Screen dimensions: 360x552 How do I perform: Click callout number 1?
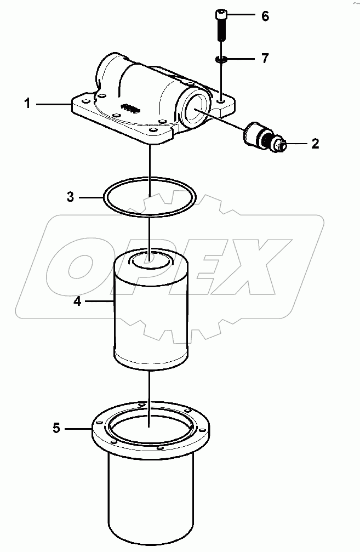(27, 104)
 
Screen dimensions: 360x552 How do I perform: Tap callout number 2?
(315, 144)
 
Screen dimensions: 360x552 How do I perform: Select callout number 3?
(70, 197)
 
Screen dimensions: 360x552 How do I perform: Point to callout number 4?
(77, 301)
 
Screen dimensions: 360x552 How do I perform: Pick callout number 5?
(56, 428)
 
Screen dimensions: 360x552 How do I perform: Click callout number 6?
(265, 16)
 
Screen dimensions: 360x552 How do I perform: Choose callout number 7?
(265, 58)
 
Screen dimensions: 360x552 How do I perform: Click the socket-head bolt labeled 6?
(221, 25)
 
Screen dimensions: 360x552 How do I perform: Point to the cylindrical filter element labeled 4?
(151, 309)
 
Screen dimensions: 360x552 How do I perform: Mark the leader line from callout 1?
(53, 104)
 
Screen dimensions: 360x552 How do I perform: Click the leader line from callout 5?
(78, 429)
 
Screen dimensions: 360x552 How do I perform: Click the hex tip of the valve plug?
(282, 145)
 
